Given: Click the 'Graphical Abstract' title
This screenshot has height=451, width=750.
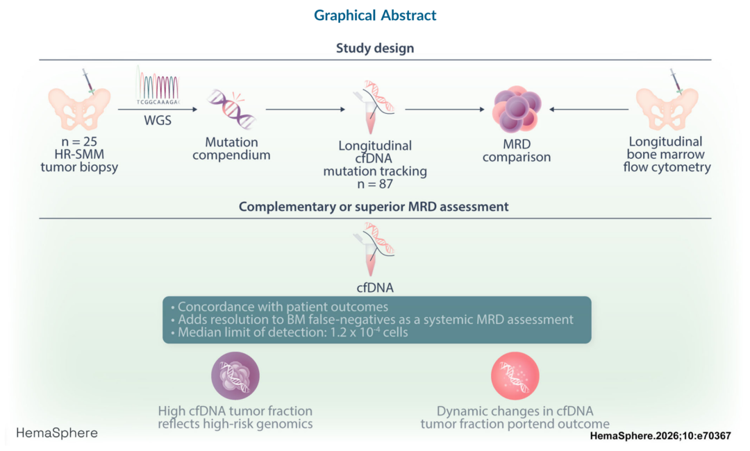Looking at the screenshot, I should coord(375,15).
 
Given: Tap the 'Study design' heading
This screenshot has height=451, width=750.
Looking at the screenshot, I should coord(375,49).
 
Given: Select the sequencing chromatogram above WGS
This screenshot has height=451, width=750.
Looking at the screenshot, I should coord(158,87).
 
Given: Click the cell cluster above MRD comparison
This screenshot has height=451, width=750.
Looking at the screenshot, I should coord(515,110).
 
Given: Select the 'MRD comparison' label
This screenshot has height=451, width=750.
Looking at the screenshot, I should coord(516,151).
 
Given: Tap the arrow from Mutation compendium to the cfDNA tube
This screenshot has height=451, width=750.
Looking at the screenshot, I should coord(306,109).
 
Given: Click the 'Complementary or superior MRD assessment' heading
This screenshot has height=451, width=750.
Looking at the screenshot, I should coord(375,207).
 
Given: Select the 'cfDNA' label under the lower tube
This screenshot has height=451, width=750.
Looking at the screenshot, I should coord(376,285).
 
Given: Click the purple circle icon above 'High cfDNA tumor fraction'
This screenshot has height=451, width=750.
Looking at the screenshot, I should coord(235,376).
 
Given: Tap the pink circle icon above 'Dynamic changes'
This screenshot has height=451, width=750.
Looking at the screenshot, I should coord(515,376).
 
